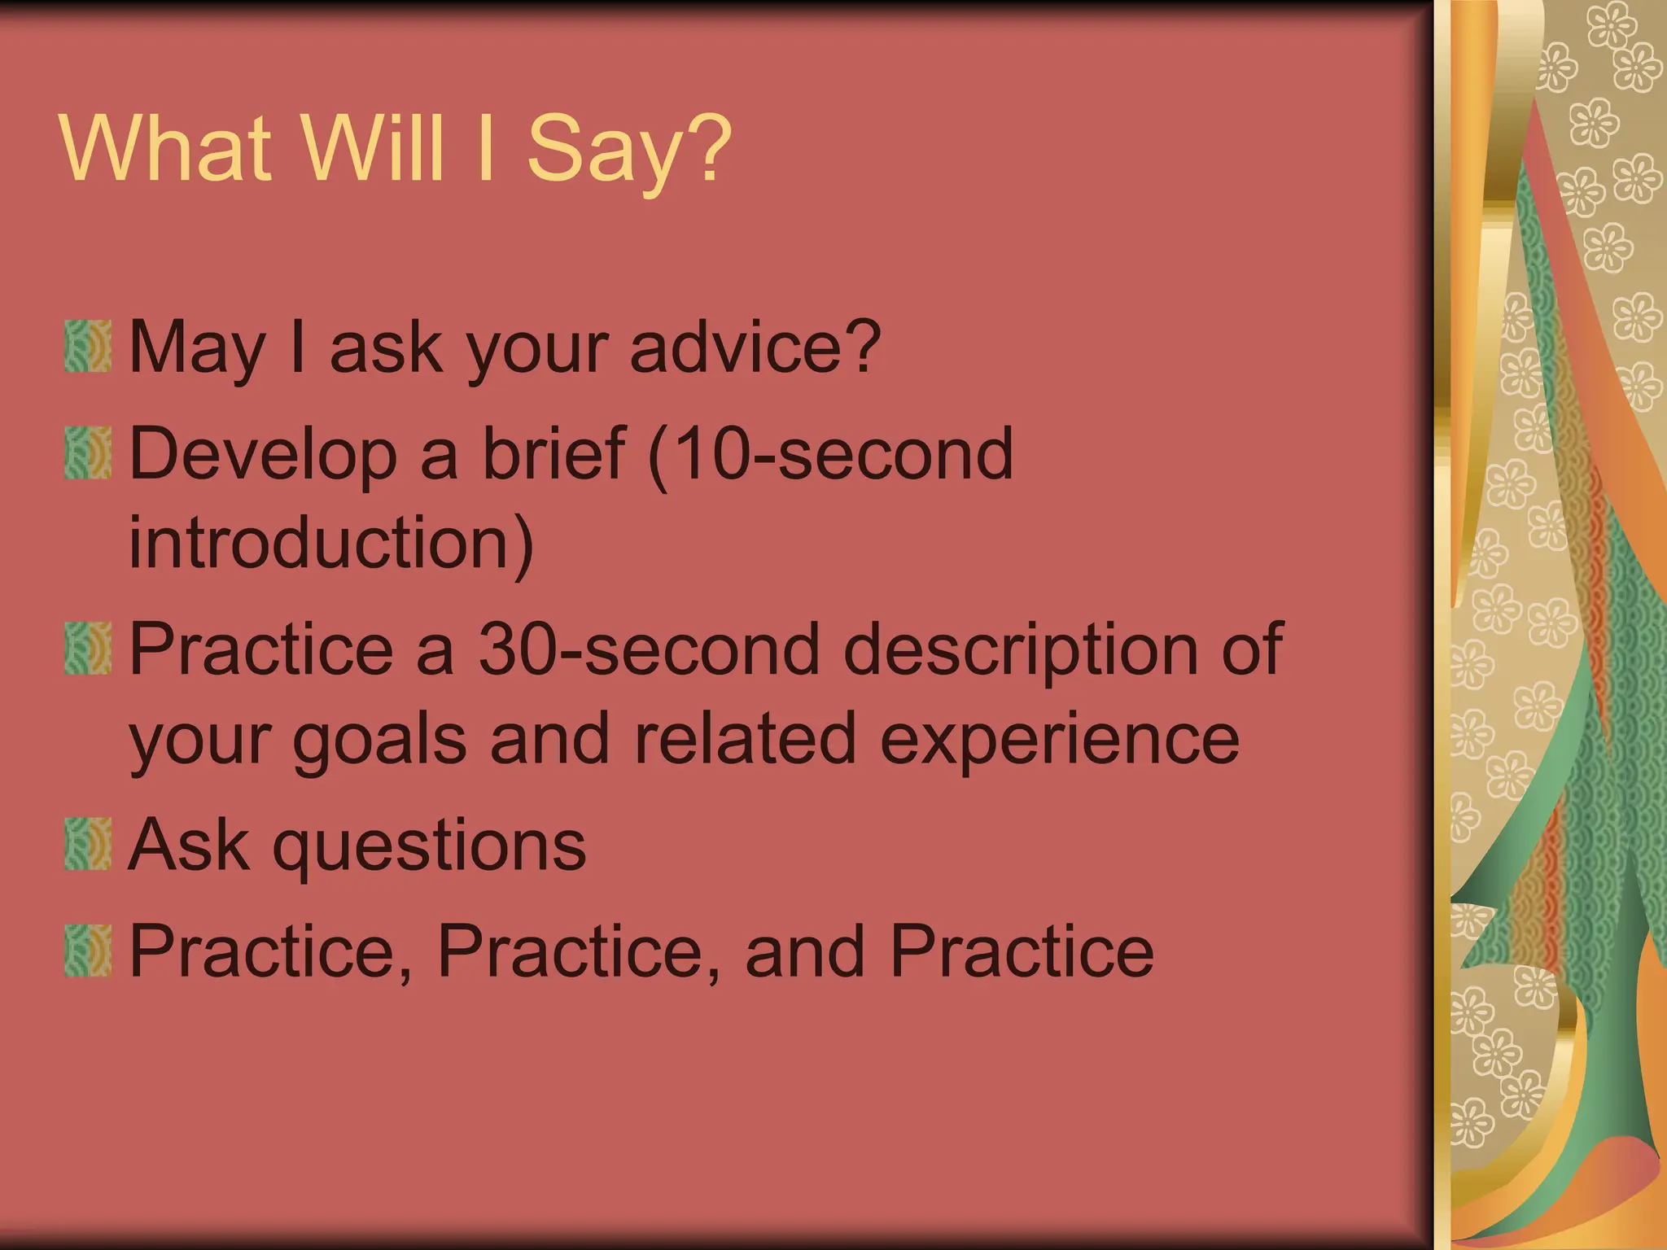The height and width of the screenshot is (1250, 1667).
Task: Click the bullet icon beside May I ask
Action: pos(88,347)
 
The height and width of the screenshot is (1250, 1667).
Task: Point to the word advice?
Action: pos(755,347)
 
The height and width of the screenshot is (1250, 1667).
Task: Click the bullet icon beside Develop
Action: pos(88,452)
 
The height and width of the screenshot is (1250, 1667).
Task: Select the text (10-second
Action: pos(830,454)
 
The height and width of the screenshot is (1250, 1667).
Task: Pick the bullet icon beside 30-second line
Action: pos(88,649)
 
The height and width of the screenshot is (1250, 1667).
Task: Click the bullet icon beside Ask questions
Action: pos(88,845)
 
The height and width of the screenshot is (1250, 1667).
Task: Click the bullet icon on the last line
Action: pos(88,951)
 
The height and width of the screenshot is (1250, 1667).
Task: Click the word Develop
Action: pos(263,456)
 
